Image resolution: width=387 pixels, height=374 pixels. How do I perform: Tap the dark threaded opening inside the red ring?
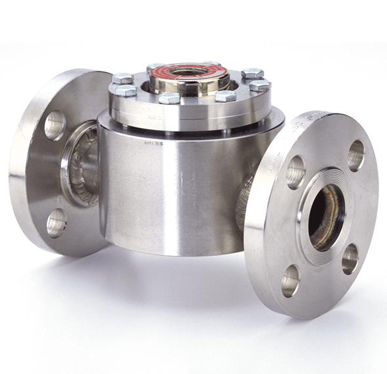coord(188,70)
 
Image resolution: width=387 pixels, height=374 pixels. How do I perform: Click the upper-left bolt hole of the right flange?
coord(296,172)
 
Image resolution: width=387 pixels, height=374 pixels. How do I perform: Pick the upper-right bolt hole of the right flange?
coord(356,155)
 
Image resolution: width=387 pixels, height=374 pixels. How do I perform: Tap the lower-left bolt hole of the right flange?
coord(291,280)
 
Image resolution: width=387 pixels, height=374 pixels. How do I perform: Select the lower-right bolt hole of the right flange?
coord(350,259)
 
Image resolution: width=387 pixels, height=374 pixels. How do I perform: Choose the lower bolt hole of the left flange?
coord(56,223)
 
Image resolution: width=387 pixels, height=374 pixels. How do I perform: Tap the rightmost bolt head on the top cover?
coord(260,85)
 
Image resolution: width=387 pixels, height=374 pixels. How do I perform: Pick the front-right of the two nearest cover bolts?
coord(225,96)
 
